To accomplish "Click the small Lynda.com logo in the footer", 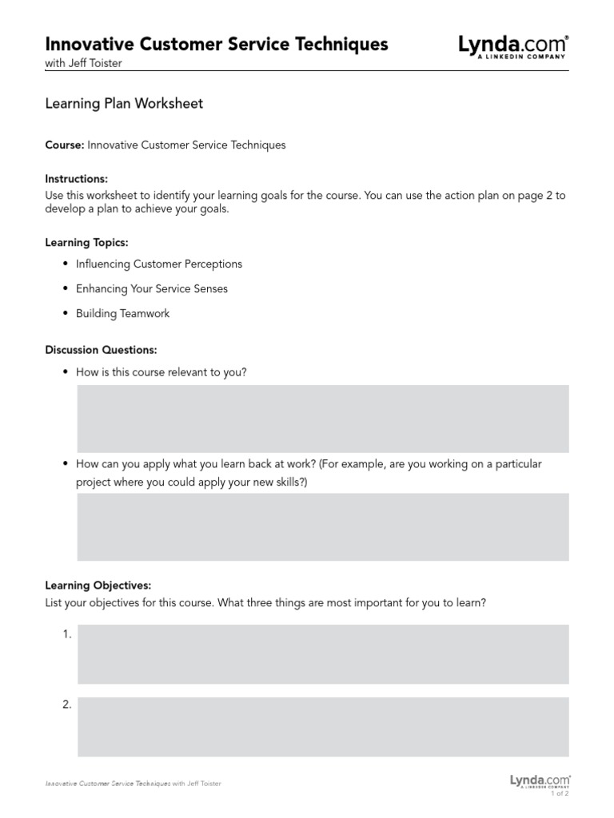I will click(540, 780).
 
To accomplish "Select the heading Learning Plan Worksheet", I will click(124, 103).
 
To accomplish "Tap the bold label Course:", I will click(65, 145).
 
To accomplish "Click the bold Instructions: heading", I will click(77, 179).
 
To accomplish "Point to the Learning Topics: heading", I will click(86, 242).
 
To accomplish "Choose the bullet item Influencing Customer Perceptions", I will click(158, 264).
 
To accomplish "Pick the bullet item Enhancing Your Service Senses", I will click(151, 288).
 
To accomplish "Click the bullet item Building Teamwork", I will click(122, 313).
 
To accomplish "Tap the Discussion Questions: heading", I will click(101, 350).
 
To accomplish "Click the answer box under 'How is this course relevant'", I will click(323, 419).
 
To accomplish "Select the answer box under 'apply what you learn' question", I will click(323, 526).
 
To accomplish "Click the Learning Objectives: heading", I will click(98, 586).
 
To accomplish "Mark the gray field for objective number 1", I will click(323, 654).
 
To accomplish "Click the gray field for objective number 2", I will click(323, 727).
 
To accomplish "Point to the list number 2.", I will click(67, 705).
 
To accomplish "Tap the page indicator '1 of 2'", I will click(560, 793).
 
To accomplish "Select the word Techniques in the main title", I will click(341, 44).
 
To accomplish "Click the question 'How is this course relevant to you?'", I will click(167, 372).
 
